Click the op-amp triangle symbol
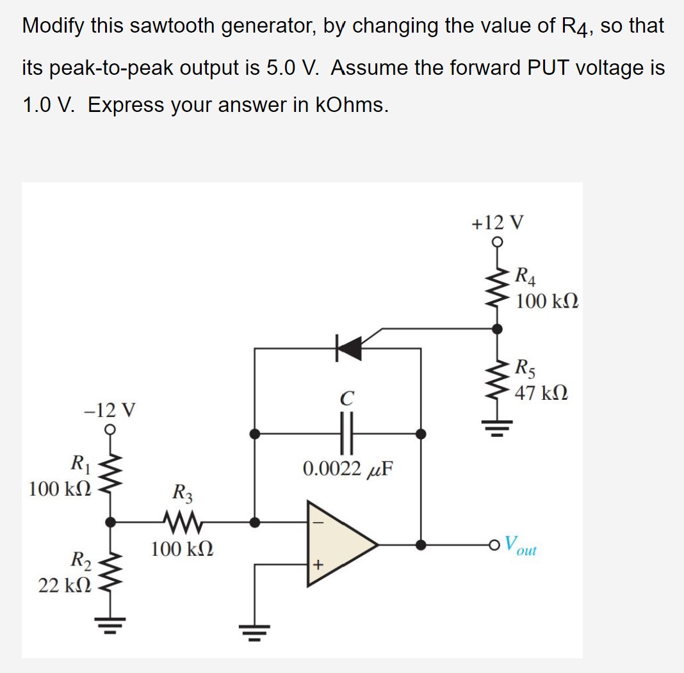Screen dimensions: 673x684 pyautogui.click(x=339, y=544)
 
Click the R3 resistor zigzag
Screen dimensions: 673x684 pyautogui.click(x=182, y=521)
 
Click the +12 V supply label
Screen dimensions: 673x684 pyautogui.click(x=497, y=223)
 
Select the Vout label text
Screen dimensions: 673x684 pyautogui.click(x=519, y=545)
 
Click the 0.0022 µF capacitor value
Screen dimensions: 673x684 pyautogui.click(x=348, y=469)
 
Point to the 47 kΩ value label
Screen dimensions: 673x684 pyautogui.click(x=541, y=392)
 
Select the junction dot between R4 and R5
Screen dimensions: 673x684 pyautogui.click(x=496, y=328)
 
